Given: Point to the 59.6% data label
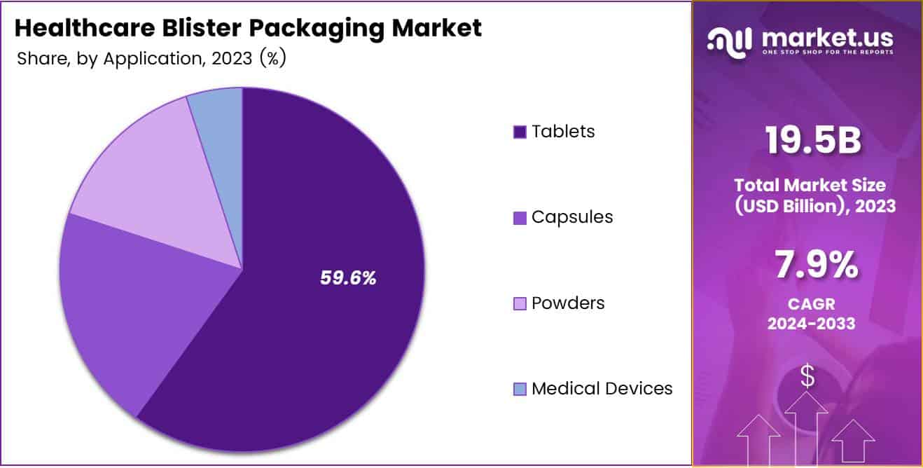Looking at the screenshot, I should [348, 278].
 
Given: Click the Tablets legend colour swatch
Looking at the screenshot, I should [519, 132].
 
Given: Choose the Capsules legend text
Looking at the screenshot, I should [571, 217].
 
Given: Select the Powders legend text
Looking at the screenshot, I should [567, 303].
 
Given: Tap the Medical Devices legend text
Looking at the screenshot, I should [602, 388].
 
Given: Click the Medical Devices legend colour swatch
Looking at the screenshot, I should [519, 389].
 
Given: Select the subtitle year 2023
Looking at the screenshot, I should [228, 59].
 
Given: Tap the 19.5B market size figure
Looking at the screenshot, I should [812, 140].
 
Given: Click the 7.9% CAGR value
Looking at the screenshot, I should [816, 265].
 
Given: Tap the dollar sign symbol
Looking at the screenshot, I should [807, 376].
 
